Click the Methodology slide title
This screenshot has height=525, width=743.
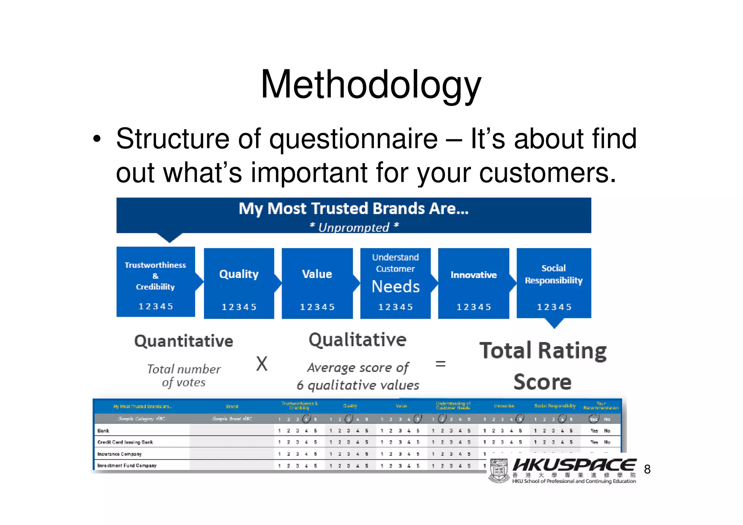click(x=371, y=85)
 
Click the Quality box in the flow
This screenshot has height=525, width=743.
click(x=239, y=283)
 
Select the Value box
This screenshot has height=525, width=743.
click(x=317, y=283)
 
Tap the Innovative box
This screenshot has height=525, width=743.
click(x=473, y=283)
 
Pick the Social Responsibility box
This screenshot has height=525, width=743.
click(x=554, y=283)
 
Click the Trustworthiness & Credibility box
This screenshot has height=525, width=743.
click(x=155, y=282)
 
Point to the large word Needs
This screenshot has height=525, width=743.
click(x=395, y=287)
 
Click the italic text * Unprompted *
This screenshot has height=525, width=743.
click(x=354, y=227)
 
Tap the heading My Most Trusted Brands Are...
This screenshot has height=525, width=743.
click(x=353, y=209)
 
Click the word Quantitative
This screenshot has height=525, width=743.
click(x=184, y=341)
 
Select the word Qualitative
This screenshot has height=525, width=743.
click(x=357, y=340)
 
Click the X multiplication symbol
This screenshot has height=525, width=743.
click(x=262, y=364)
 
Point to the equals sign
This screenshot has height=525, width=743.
click(x=440, y=364)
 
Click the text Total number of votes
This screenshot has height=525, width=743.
click(x=184, y=376)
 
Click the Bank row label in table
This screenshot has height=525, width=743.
click(x=103, y=431)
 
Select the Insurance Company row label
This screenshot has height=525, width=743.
click(x=119, y=454)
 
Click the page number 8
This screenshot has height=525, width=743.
click(x=647, y=469)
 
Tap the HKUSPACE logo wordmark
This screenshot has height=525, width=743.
click(x=574, y=465)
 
